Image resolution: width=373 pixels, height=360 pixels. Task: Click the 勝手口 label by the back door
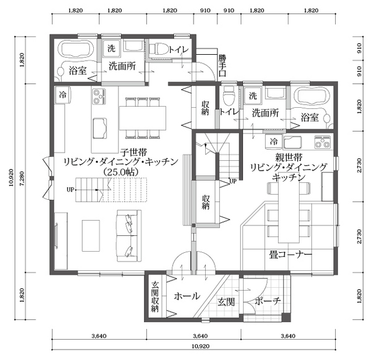[222, 65]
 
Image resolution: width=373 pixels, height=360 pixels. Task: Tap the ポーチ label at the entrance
[268, 301]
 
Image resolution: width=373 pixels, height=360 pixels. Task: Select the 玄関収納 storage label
[155, 297]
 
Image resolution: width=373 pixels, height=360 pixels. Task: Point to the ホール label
[187, 296]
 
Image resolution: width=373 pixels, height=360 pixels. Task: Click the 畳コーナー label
[290, 255]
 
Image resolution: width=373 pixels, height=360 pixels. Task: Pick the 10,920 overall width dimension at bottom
[200, 346]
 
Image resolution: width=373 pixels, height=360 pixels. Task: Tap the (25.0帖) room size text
[121, 172]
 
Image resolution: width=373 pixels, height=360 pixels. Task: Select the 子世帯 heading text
[133, 152]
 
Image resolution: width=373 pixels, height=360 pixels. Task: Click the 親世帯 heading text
[289, 157]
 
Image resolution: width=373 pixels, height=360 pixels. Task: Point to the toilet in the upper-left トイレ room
[158, 49]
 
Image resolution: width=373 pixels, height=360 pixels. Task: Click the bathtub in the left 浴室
[76, 49]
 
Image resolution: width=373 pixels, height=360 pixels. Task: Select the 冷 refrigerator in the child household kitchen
[63, 95]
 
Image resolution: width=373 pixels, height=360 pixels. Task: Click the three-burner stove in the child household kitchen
[98, 96]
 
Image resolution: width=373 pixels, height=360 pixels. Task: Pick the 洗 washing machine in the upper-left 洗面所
[111, 48]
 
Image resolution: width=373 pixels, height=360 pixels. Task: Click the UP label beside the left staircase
[71, 189]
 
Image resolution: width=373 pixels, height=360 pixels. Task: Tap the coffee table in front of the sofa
[91, 235]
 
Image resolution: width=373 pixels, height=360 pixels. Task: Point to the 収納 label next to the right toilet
[205, 108]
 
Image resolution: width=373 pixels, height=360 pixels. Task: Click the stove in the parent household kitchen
[322, 142]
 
